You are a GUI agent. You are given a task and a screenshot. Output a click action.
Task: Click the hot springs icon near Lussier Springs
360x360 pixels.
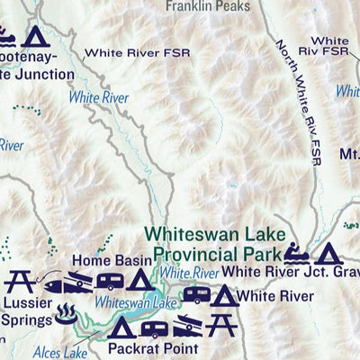pyautogui.click(x=66, y=314)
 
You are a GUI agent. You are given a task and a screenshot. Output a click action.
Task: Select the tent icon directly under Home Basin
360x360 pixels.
pyautogui.click(x=139, y=281)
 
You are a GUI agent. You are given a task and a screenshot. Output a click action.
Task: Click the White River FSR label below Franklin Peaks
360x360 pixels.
pyautogui.click(x=139, y=52)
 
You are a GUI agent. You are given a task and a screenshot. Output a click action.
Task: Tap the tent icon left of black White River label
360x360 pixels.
pyautogui.click(x=225, y=295)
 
